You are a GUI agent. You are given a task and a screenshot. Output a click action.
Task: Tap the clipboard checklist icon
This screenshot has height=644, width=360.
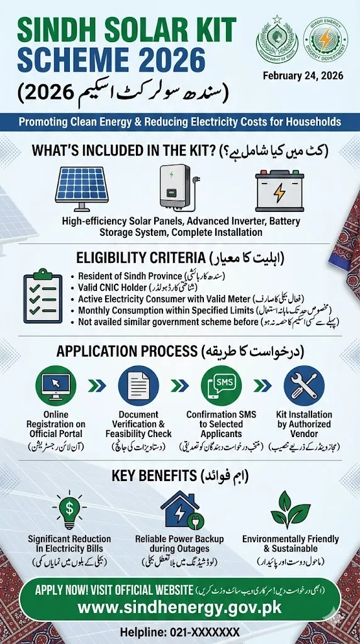point(43,293)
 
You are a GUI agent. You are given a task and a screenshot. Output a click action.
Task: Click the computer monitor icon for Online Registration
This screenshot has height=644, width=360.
point(55,386)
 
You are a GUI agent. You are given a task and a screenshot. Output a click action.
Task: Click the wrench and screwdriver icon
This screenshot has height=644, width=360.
point(303,386)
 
